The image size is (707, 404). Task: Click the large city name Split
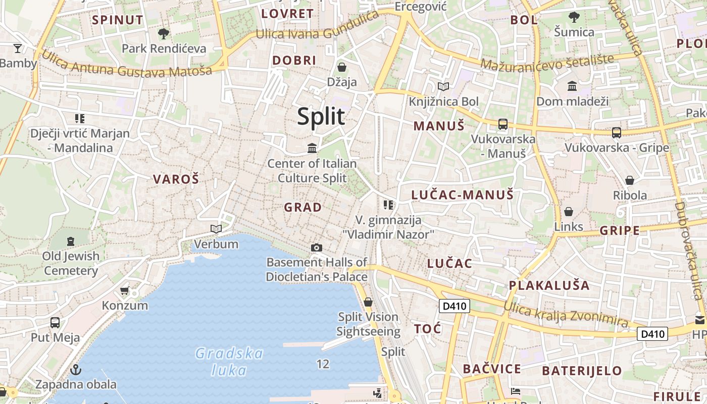coord(321,117)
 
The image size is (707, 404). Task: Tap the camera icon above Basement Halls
coord(317,247)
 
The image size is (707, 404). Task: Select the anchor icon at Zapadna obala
coord(76,370)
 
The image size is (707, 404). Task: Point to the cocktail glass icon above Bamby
coord(18,48)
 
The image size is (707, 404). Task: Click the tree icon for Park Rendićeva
coord(163,34)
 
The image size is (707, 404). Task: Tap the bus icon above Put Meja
coord(55,322)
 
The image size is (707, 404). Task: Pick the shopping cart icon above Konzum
coord(125,290)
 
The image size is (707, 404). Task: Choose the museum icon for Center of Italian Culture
coord(312,148)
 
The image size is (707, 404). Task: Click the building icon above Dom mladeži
coord(572,86)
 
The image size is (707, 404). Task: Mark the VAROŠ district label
coord(176,179)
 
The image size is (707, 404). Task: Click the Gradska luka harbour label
coord(229,362)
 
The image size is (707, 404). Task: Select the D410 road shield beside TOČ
coord(454,306)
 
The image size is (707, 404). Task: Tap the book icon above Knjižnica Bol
coord(443,86)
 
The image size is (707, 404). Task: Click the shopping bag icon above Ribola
coord(630,180)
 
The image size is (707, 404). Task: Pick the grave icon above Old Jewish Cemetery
coord(70,241)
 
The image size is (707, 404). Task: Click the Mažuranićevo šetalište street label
coord(547,62)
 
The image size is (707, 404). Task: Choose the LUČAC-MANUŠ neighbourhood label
coord(462,195)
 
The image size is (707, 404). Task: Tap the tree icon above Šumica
coord(574,17)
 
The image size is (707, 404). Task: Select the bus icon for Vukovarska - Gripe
coord(617,133)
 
